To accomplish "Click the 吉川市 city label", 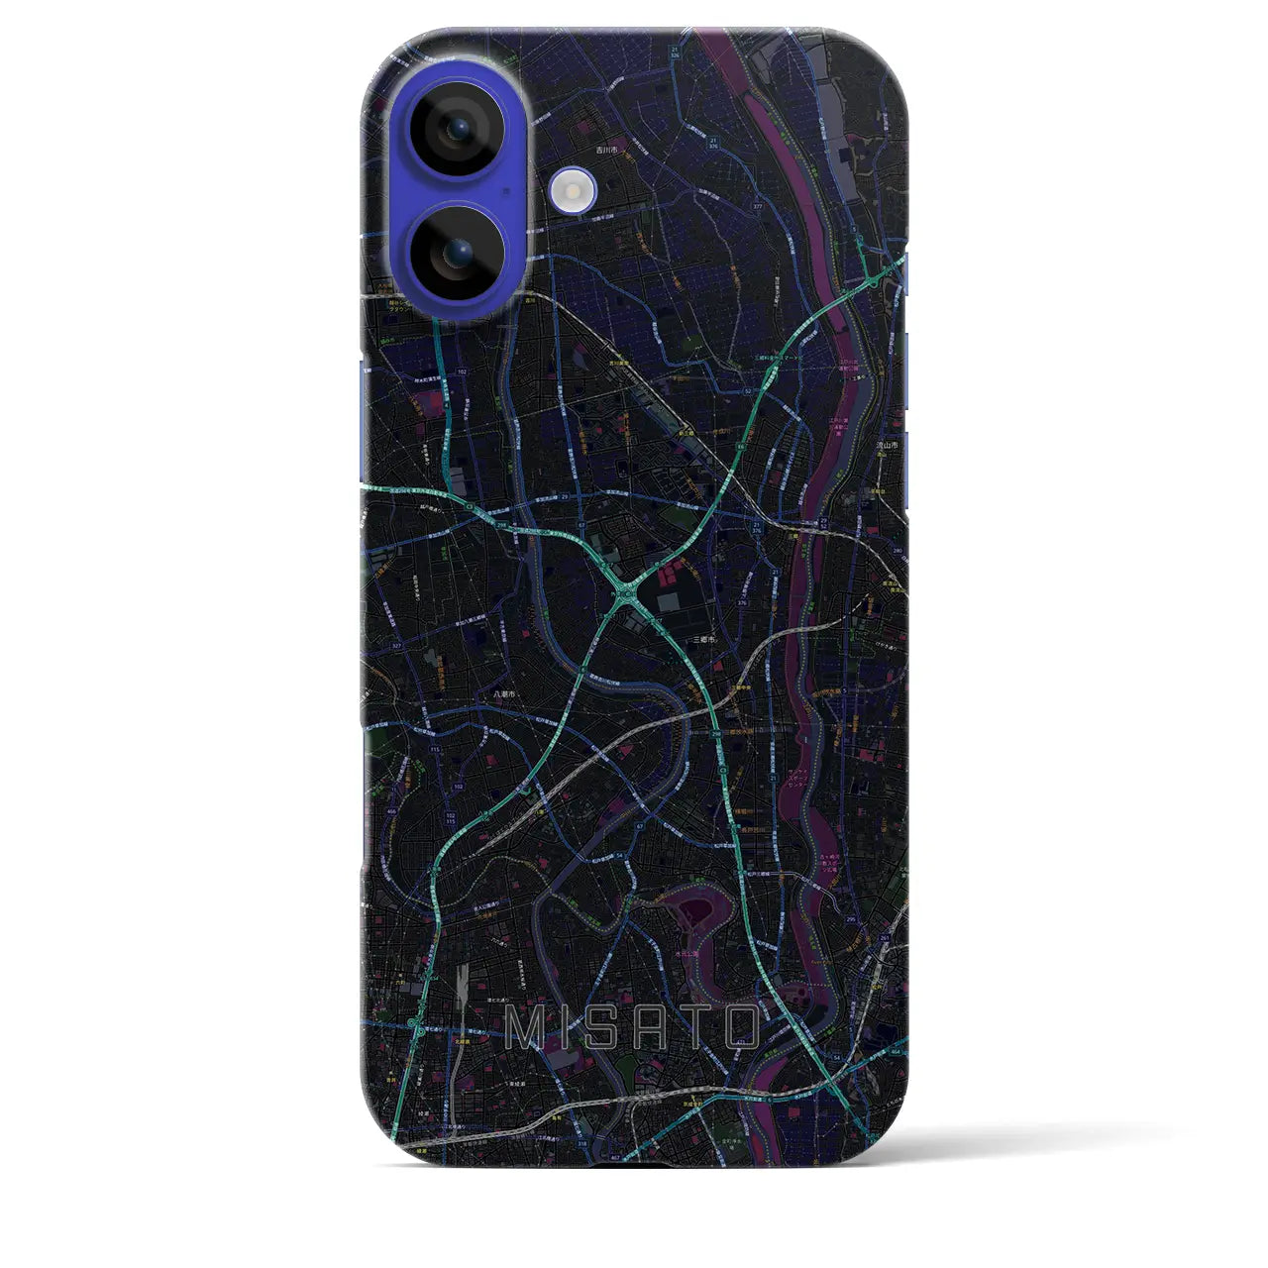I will coord(606,150).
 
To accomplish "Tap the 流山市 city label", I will coord(887,447).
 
